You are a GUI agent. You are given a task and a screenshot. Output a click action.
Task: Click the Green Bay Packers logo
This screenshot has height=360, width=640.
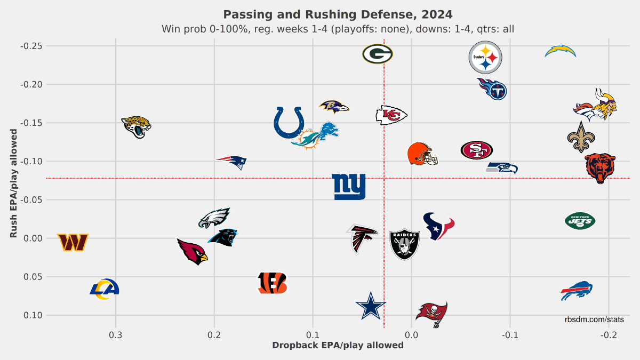[x=378, y=54]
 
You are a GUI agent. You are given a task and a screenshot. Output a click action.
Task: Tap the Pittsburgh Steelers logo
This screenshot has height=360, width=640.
[x=485, y=58]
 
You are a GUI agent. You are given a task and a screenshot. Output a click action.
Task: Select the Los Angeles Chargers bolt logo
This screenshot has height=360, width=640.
[x=561, y=51]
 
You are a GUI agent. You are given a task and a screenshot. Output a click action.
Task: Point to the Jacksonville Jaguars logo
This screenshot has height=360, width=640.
[x=136, y=127]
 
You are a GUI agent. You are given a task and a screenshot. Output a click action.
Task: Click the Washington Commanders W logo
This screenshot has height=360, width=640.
[x=73, y=243]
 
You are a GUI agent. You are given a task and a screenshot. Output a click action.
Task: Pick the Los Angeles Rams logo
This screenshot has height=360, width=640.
[x=104, y=289]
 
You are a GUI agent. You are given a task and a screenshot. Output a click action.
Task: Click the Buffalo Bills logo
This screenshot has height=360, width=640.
[x=577, y=291]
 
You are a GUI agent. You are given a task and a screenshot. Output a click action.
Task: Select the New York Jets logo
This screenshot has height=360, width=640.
[x=580, y=221]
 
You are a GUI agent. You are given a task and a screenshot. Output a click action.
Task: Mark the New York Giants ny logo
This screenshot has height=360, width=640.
[x=349, y=187]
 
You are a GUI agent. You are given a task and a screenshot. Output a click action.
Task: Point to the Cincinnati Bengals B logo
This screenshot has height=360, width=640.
[x=272, y=283]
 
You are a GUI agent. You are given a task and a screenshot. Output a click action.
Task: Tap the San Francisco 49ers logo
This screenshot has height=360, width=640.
[x=477, y=150]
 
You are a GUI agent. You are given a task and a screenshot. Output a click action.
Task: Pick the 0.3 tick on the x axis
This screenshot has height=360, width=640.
[x=116, y=335]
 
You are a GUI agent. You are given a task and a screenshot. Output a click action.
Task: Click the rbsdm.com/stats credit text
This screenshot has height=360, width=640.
[x=594, y=319]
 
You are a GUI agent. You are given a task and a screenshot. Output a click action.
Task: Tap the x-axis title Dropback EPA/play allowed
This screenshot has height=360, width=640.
[x=338, y=346]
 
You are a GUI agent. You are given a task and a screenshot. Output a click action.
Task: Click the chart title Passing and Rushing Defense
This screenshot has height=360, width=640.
[x=338, y=14]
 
